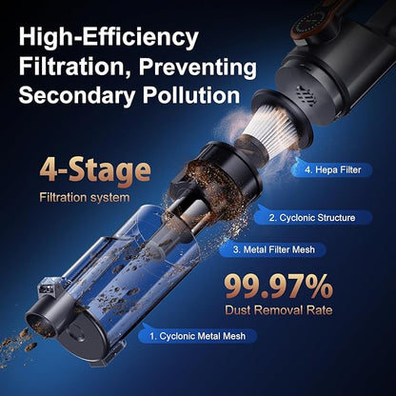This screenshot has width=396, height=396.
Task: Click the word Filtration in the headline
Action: [x=76, y=67]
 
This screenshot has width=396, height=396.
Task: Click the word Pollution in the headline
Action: [x=191, y=94]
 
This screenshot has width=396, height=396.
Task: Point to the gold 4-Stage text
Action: [x=95, y=171]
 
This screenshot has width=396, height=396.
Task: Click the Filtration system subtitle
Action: [x=85, y=198]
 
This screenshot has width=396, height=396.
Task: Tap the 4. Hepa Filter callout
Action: [x=332, y=169]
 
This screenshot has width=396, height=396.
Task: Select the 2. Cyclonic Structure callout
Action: [x=313, y=218]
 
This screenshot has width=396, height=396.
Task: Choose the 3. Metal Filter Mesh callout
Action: [x=272, y=249]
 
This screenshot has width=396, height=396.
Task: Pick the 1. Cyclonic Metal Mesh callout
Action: [x=198, y=336]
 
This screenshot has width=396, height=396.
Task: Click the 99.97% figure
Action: [x=279, y=287]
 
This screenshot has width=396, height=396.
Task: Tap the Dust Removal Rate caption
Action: [x=279, y=310]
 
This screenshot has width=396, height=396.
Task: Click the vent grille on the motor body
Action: [x=307, y=95]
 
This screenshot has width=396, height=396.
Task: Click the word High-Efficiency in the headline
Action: [x=109, y=38]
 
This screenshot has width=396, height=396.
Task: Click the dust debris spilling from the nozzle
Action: [x=18, y=345]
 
